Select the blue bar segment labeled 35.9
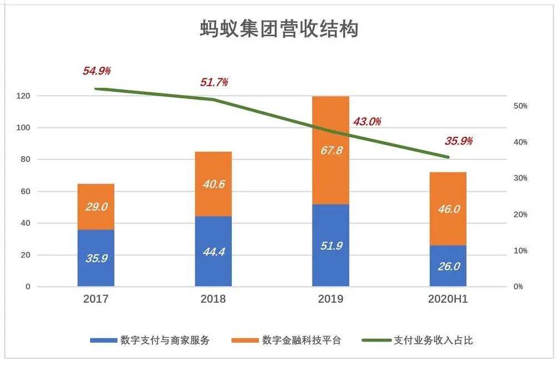pyautogui.click(x=96, y=258)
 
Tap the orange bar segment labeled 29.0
pyautogui.click(x=96, y=207)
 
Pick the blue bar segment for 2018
pyautogui.click(x=213, y=251)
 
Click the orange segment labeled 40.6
pyautogui.click(x=213, y=184)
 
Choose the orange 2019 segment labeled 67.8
pyautogui.click(x=330, y=150)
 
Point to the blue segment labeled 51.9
pyautogui.click(x=330, y=245)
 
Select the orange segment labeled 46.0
pyautogui.click(x=448, y=209)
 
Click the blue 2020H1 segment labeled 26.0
pyautogui.click(x=448, y=266)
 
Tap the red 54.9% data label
pyautogui.click(x=97, y=71)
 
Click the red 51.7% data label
pyautogui.click(x=214, y=82)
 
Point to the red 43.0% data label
pyautogui.click(x=367, y=122)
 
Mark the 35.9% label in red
pyautogui.click(x=458, y=141)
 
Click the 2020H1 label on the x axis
pyautogui.click(x=448, y=299)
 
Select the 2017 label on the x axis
pyautogui.click(x=96, y=299)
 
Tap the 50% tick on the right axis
pyautogui.click(x=520, y=106)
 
